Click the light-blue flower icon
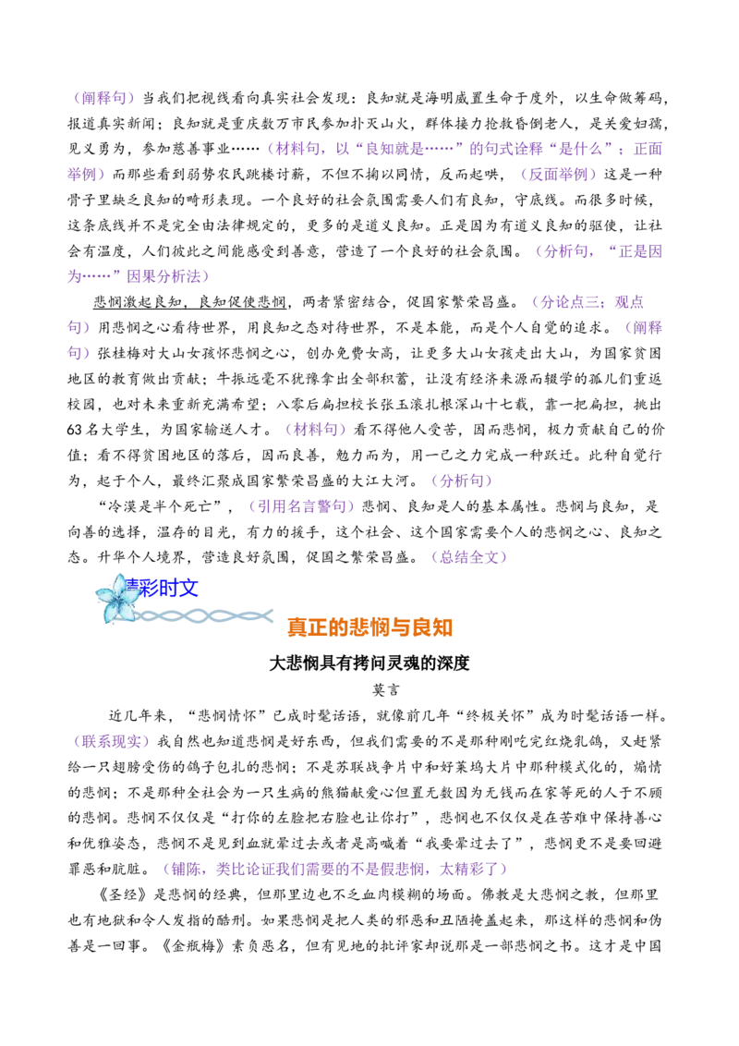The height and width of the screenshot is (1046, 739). point(117,597)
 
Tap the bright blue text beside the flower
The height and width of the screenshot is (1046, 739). point(164,587)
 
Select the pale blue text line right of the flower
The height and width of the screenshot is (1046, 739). point(209,616)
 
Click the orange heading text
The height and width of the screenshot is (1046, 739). point(371,628)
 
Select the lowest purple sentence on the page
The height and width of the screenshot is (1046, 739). point(336,870)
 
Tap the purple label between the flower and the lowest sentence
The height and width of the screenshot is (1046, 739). point(113,742)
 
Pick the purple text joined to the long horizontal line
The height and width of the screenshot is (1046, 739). point(589,301)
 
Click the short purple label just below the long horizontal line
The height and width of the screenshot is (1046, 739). point(645,328)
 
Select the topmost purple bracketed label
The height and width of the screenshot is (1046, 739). point(105,99)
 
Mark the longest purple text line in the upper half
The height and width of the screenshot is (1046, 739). point(466,150)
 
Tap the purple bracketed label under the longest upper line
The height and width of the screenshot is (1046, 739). point(559,174)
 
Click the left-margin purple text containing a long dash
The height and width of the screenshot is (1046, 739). point(139,275)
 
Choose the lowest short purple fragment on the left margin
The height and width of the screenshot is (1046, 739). point(81,353)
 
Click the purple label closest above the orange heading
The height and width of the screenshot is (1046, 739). point(469,558)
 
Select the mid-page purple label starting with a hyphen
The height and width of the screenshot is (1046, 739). point(301,506)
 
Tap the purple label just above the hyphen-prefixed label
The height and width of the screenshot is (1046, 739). point(462,480)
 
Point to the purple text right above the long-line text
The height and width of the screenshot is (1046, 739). point(599,250)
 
